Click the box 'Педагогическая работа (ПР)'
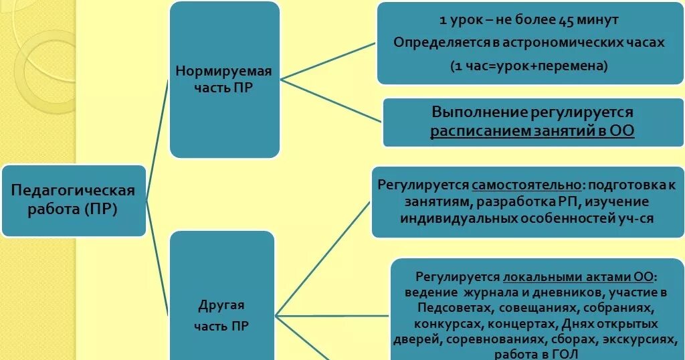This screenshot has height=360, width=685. (x=74, y=200)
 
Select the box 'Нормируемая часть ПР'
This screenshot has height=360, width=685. (x=223, y=79)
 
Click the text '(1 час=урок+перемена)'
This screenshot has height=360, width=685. (x=528, y=66)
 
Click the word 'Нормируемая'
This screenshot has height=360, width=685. (x=223, y=71)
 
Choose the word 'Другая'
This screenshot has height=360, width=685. (x=221, y=305)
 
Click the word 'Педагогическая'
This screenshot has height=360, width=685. (x=74, y=191)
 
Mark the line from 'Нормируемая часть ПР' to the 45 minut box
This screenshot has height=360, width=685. (x=328, y=60)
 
